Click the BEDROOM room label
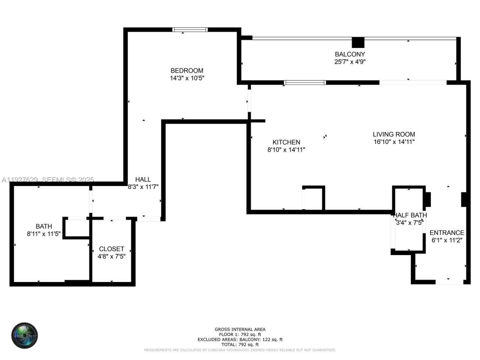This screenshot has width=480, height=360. [187, 70]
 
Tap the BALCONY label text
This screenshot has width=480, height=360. [349, 54]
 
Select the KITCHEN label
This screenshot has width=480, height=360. [286, 142]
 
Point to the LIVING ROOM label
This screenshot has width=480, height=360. [394, 134]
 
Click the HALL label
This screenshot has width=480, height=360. [143, 180]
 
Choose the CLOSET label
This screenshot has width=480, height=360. [111, 249]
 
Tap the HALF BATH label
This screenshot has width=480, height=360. [410, 215]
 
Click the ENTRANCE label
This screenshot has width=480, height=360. [447, 232]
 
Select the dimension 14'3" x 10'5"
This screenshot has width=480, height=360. [187, 78]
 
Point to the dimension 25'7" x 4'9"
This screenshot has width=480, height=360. [349, 62]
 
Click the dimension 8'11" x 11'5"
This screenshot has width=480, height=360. [43, 234]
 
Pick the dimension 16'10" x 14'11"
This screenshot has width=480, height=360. [394, 142]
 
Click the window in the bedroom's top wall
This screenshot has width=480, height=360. [190, 30]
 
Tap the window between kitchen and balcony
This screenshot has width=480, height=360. [305, 82]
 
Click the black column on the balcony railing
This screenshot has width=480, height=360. [358, 42]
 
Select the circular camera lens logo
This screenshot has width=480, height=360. [24, 335]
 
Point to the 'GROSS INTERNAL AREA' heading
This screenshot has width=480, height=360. [240, 329]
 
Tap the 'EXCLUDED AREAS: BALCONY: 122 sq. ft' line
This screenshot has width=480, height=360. [240, 339]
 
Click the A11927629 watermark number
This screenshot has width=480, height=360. [19, 180]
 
